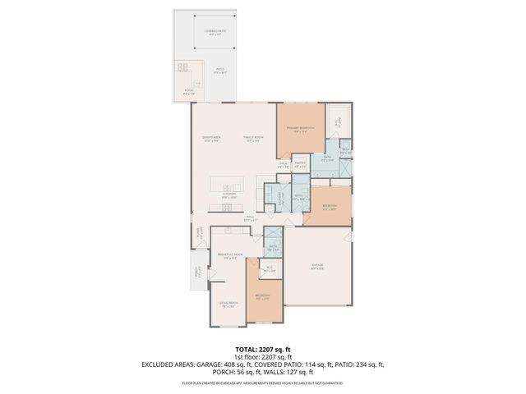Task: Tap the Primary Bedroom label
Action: coord(297,130)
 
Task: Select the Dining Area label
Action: coord(213,139)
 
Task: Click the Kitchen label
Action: coord(229,196)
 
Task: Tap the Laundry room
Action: coord(279,197)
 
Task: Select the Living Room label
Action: coord(228,305)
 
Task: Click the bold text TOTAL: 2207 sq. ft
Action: coord(263,348)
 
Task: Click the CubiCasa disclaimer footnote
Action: coord(263,383)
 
